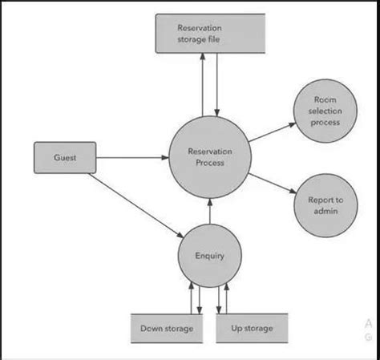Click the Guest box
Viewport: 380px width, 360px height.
pos(65,158)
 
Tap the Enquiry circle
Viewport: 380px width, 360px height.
pos(209,257)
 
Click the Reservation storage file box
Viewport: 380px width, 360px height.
pos(209,33)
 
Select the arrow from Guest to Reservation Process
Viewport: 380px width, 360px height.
pos(132,158)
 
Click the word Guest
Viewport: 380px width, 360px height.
pos(65,158)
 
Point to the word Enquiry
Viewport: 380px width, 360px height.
pos(209,257)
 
